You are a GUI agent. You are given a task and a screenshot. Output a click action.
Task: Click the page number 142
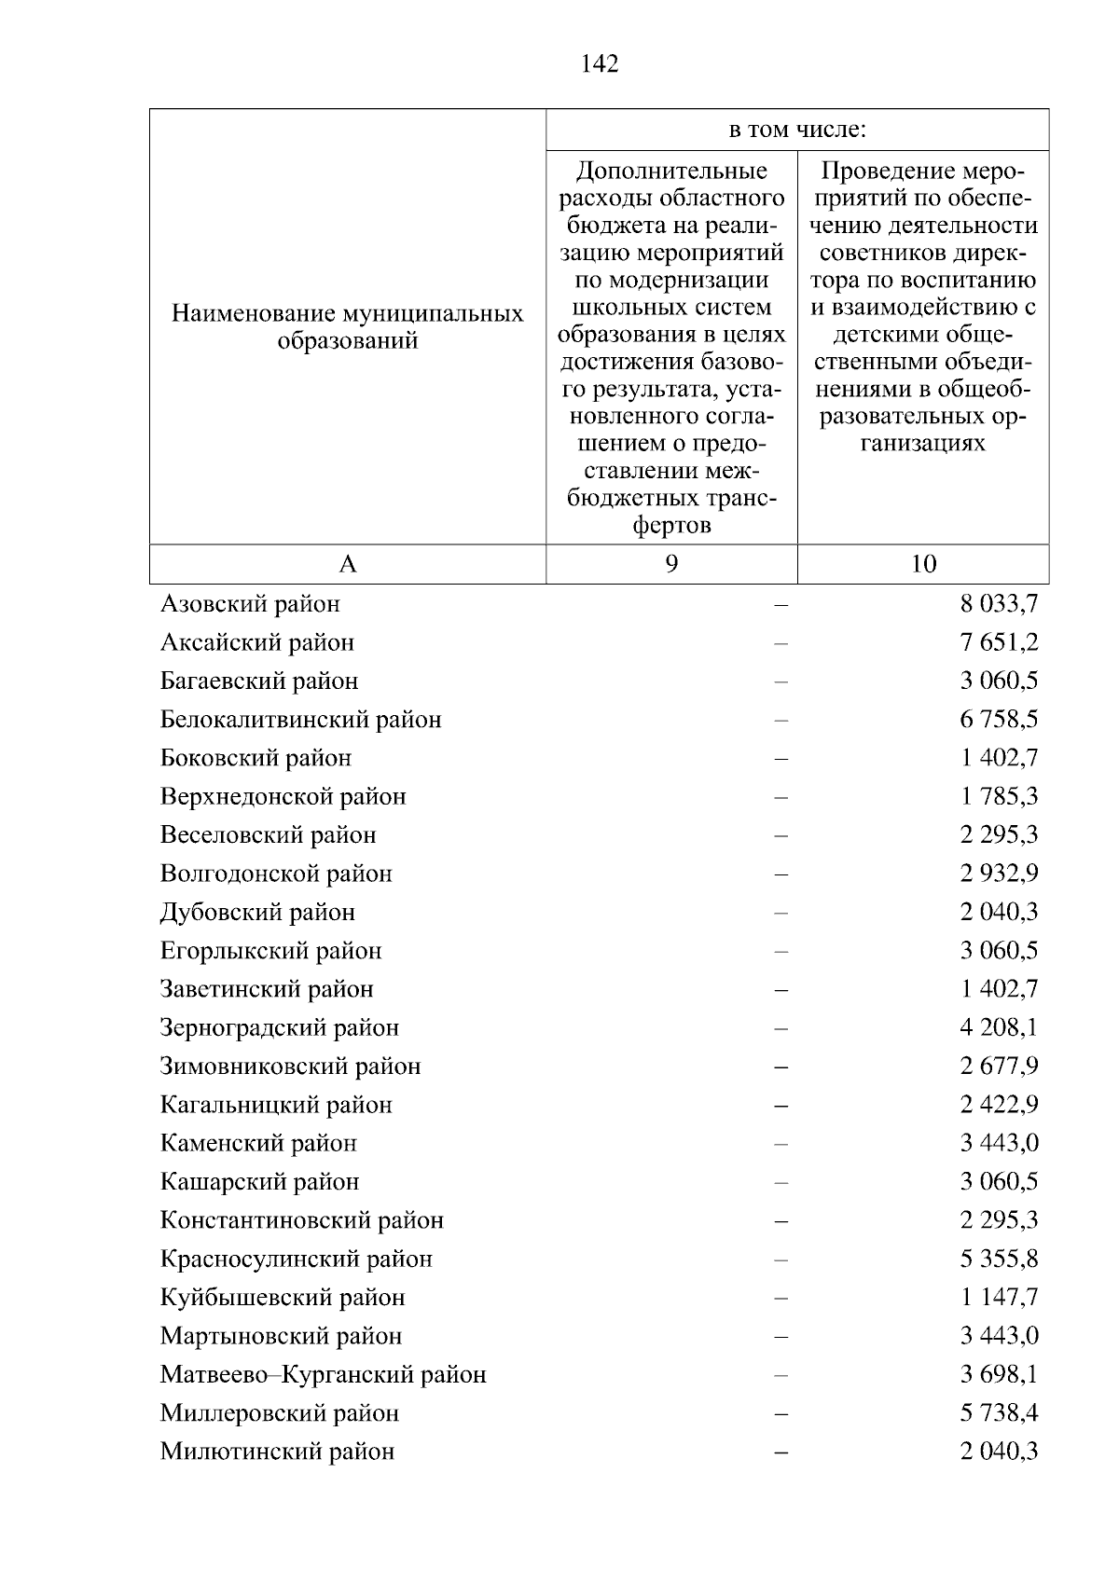600,64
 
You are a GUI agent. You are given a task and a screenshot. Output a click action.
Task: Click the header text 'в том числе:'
797,131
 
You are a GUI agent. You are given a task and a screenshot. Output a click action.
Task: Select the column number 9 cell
671,564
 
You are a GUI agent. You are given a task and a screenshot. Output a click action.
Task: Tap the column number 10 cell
923,564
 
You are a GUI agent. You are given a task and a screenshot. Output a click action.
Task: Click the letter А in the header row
347,564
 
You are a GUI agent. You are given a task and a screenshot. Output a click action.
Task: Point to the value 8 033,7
999,604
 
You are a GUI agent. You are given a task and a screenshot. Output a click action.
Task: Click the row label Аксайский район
257,642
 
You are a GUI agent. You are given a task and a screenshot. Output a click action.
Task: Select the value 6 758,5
999,720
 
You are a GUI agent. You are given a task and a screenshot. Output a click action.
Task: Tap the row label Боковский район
256,758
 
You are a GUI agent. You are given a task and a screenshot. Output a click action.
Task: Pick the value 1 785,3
999,797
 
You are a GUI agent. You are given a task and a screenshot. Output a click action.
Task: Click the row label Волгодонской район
276,874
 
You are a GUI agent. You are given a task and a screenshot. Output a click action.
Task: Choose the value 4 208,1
999,1028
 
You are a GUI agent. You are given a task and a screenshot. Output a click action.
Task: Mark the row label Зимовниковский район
290,1067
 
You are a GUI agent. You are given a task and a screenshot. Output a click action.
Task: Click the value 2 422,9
999,1105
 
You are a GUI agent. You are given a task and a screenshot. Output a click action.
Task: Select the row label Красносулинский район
297,1260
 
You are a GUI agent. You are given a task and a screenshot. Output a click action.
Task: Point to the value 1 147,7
999,1298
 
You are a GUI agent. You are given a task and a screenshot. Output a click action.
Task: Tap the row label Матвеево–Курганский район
323,1375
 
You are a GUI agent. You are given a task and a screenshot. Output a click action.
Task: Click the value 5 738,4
999,1413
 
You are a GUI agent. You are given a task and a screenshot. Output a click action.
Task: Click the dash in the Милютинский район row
781,1452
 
